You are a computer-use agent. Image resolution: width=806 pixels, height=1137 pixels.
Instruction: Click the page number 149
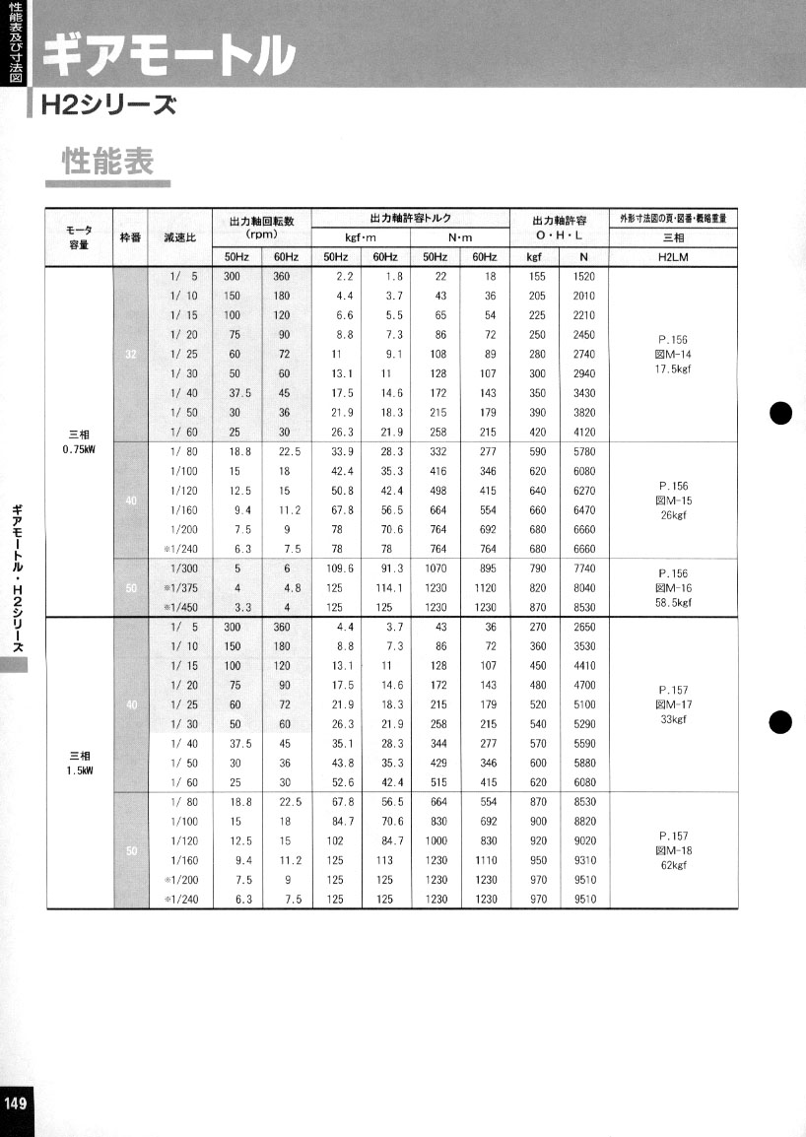17,1103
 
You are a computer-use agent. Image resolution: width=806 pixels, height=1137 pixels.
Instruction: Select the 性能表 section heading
108,162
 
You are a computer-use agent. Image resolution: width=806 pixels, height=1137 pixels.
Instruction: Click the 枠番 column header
130,237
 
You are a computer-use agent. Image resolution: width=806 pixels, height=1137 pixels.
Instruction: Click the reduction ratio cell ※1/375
181,588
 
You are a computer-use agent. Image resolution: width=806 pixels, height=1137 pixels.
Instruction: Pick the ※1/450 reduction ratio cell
181,607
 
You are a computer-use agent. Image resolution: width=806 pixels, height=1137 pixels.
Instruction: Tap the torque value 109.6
336,569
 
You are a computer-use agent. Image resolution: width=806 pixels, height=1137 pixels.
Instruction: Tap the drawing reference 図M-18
673,850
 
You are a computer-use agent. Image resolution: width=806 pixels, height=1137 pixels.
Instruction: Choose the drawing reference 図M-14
673,354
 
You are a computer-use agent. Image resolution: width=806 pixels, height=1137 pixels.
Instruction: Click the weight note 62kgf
673,865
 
